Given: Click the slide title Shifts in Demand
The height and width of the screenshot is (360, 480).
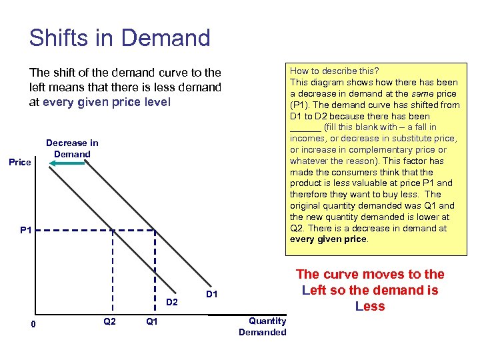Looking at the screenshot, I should tap(119, 37).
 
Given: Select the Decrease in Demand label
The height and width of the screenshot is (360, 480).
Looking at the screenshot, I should tap(72, 148).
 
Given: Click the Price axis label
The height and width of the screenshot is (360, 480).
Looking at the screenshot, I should tap(19, 162).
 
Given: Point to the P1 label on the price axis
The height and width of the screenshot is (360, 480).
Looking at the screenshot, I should tap(26, 231).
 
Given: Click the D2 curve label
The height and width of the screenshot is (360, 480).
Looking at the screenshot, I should tap(172, 302).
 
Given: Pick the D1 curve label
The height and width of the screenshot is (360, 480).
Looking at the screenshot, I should tap(211, 293).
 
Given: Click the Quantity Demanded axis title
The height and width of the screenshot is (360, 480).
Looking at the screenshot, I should tap(263, 327).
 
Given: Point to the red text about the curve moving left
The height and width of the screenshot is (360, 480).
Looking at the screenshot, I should tap(370, 290).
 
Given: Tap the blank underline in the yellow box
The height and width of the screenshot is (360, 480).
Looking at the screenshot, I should tap(305, 127).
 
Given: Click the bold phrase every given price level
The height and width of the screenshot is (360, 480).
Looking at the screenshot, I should tap(107, 102).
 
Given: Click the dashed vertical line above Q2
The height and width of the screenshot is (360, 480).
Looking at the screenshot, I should tap(112, 273).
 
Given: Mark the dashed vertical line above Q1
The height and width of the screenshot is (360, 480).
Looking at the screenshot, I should tap(154, 273).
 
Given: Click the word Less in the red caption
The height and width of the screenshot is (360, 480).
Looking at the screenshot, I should tap(370, 306).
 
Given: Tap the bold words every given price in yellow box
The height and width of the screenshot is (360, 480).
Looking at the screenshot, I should tap(328, 239).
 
